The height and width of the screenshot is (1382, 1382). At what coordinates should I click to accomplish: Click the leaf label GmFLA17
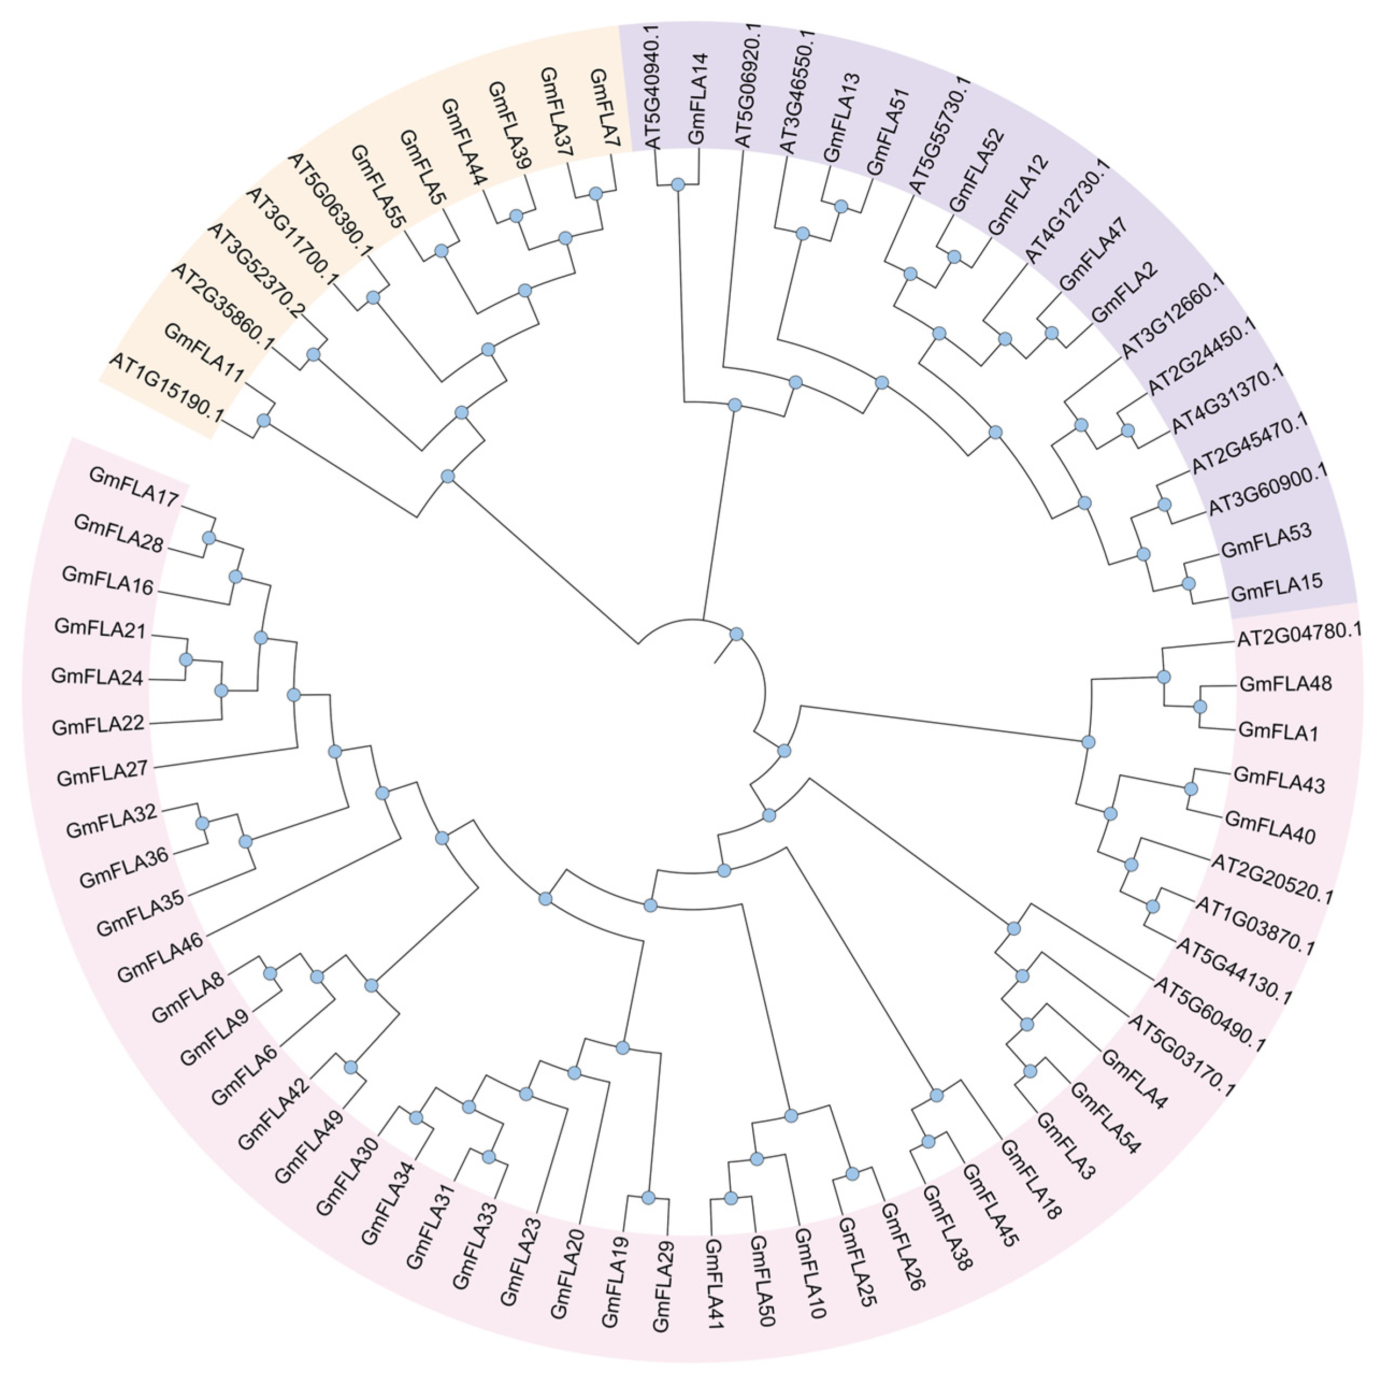[134, 487]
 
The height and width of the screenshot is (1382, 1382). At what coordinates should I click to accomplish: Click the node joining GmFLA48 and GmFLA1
[1200, 707]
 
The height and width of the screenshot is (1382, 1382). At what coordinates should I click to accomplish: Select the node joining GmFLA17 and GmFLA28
[209, 537]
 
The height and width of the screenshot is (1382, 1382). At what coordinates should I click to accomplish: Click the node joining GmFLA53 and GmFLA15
[1188, 583]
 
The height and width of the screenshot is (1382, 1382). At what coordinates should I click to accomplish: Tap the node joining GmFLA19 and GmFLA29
[648, 1198]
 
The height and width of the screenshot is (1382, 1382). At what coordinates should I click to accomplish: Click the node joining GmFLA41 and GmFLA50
[730, 1198]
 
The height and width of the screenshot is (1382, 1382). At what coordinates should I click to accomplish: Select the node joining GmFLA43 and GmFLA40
[1191, 788]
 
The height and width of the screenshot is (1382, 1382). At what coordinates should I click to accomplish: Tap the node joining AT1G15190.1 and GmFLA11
[263, 421]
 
